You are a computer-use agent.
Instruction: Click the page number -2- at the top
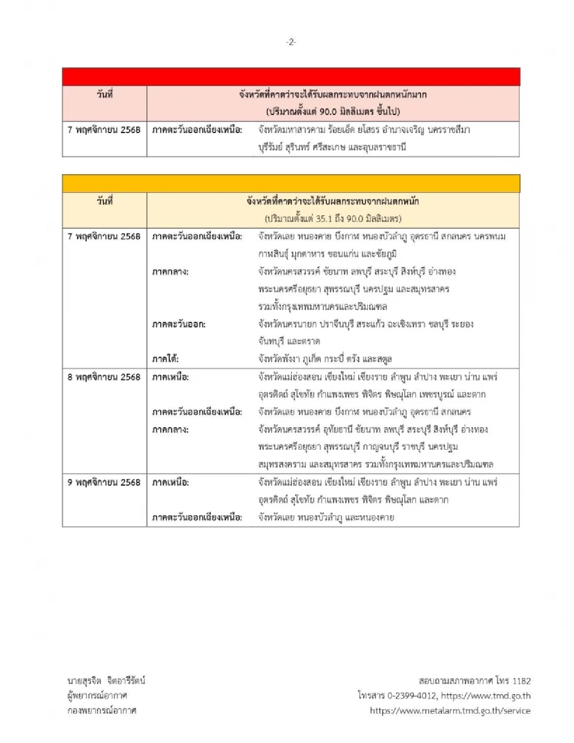[x=291, y=42]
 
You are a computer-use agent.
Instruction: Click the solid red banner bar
[x=291, y=77]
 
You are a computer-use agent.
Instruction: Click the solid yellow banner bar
[x=291, y=184]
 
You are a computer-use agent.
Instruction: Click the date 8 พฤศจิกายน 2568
[x=104, y=377]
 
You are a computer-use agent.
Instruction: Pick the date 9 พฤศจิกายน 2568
[x=104, y=482]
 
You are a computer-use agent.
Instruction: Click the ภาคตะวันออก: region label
[x=179, y=324]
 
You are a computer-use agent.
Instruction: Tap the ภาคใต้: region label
[x=166, y=359]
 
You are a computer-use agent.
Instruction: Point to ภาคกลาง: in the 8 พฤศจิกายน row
[x=170, y=430]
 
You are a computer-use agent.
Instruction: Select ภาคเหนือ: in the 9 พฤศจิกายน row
[x=170, y=482]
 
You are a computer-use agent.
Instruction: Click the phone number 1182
[x=521, y=681]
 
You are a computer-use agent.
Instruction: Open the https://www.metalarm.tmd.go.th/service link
[x=450, y=710]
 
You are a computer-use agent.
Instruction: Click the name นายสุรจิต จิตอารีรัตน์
[x=106, y=681]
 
